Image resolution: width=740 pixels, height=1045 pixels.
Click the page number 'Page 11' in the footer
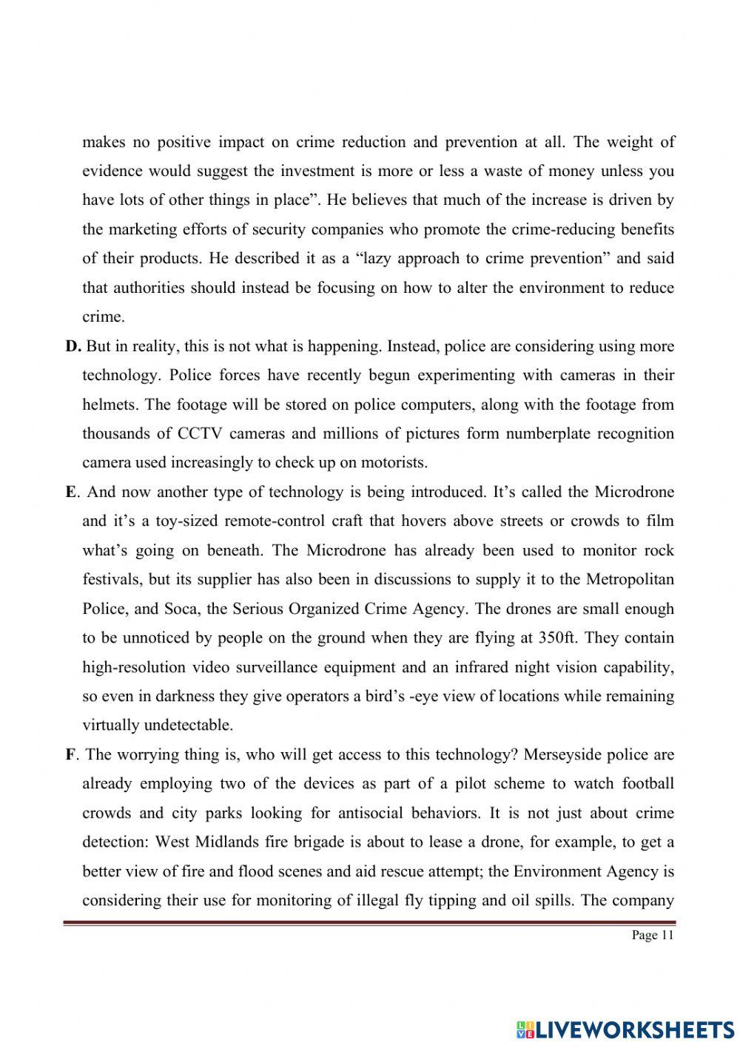653,936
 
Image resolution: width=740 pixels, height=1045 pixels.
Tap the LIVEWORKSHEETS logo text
625,1029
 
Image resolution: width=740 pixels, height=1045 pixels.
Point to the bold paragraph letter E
70,492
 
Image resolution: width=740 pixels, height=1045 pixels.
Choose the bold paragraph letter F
70,754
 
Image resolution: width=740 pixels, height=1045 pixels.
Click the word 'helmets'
110,405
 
